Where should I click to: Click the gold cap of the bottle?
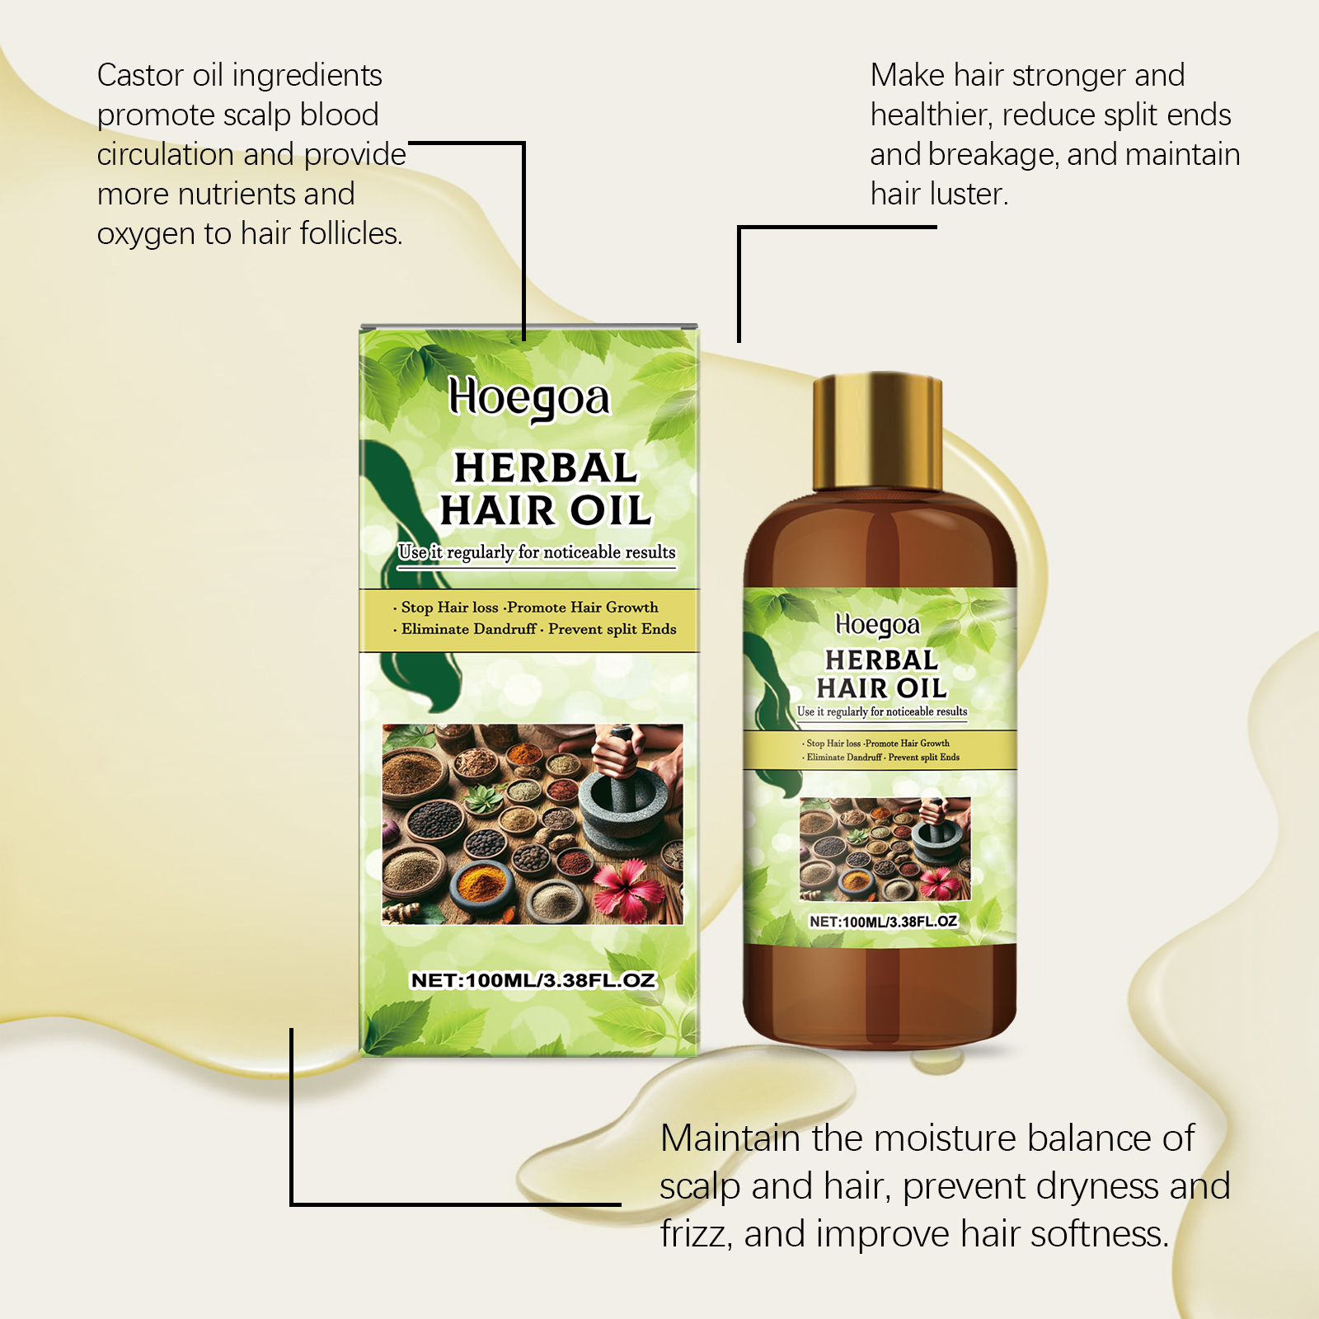click(x=877, y=434)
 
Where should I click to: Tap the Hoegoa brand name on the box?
click(x=529, y=400)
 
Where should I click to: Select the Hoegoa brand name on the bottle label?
click(x=877, y=626)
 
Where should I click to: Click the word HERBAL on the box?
click(x=546, y=467)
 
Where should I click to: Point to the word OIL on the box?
click(x=611, y=510)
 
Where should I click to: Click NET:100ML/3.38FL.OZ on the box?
click(x=533, y=980)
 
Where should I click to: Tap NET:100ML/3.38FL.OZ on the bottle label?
click(x=883, y=922)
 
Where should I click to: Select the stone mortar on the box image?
click(x=621, y=804)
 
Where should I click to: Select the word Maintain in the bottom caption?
click(x=730, y=1138)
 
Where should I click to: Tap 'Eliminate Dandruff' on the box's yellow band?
click(x=468, y=629)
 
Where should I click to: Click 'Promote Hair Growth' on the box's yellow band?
click(x=582, y=608)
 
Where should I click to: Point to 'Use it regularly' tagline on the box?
click(x=455, y=552)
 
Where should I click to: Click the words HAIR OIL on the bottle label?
click(x=881, y=688)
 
